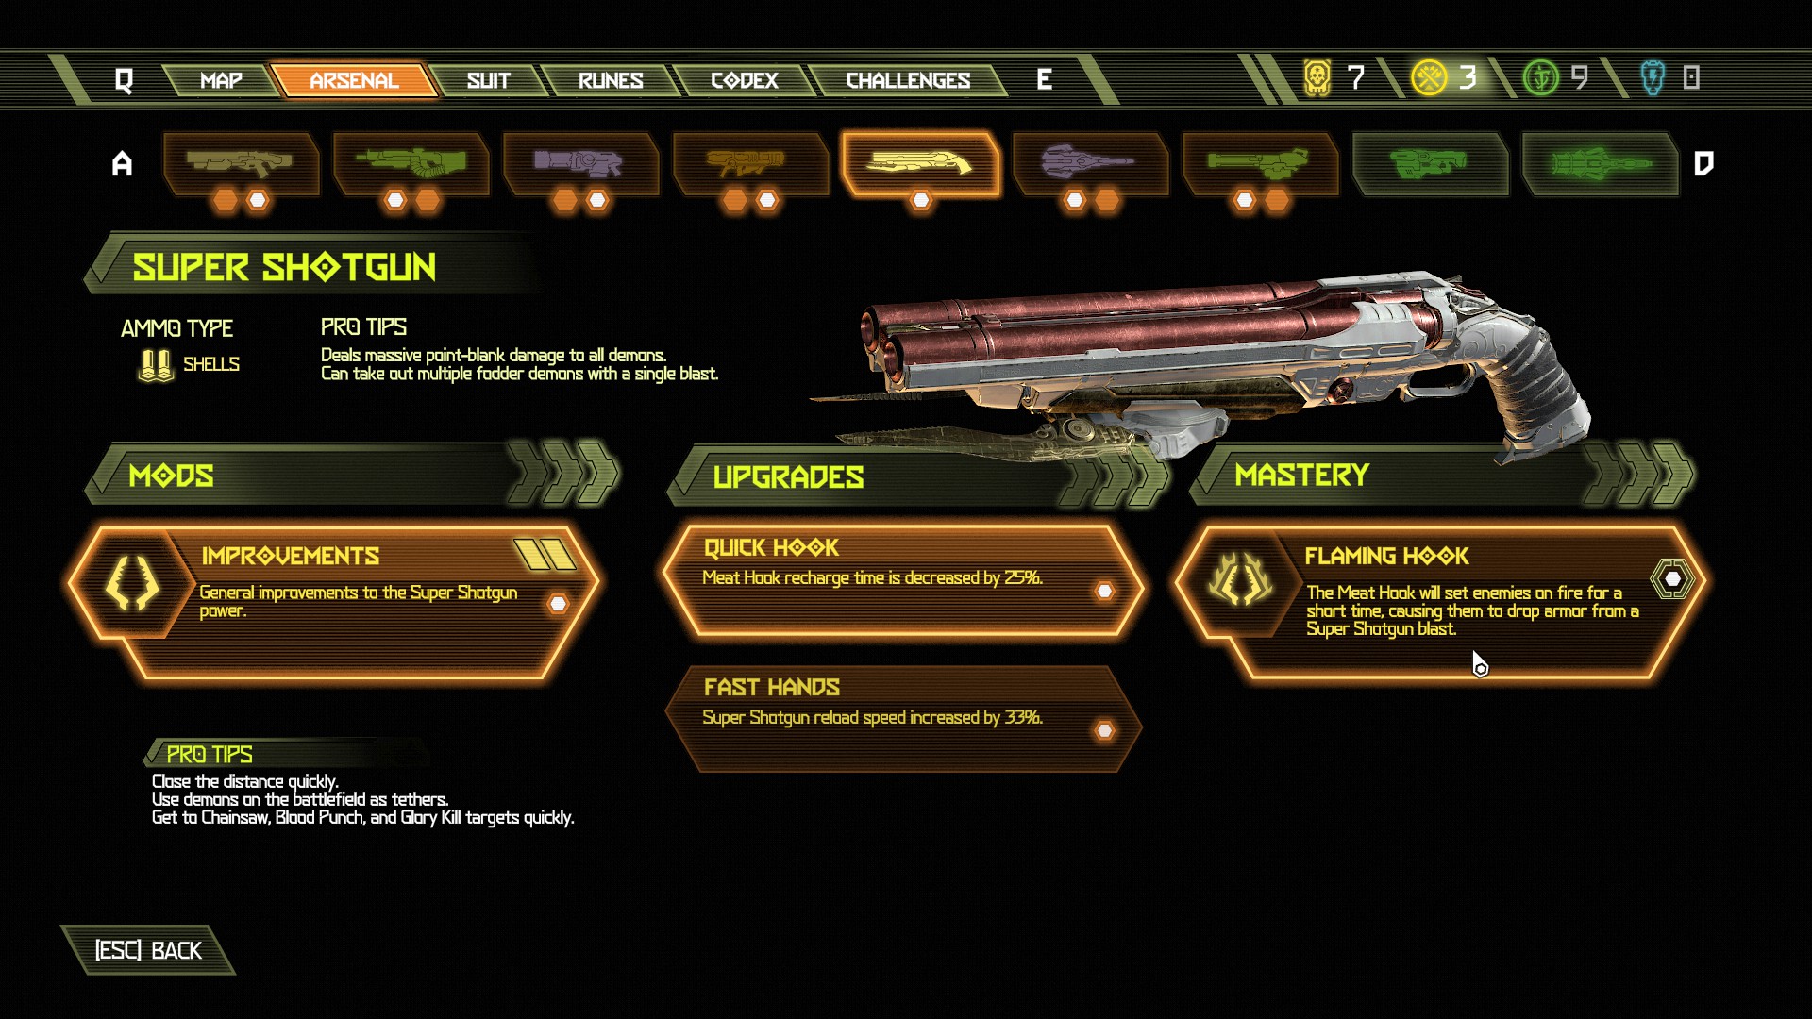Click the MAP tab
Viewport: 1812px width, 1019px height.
pos(221,80)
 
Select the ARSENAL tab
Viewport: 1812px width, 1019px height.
pos(354,80)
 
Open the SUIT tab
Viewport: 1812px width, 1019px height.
pos(488,80)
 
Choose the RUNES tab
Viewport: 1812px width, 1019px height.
pos(611,80)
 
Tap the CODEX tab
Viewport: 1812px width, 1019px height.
pos(745,80)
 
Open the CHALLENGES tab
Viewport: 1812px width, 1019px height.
pos(908,80)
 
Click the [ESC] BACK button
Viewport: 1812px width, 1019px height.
pos(148,950)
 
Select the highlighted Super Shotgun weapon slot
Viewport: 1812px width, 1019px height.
pos(920,164)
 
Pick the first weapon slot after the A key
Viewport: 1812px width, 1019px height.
pos(241,164)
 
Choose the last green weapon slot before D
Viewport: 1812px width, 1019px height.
pos(1600,164)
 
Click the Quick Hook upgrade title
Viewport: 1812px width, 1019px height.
pos(771,547)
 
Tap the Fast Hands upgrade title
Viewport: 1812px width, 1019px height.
pos(772,687)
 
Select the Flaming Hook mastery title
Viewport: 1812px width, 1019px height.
pos(1386,556)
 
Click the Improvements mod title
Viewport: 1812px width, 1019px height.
pos(291,556)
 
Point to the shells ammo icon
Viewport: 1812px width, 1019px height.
pos(156,365)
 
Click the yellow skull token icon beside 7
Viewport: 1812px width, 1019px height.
pos(1317,77)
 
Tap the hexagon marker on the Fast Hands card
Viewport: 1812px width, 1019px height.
pos(1104,730)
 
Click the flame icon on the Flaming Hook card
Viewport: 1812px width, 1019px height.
pos(1240,578)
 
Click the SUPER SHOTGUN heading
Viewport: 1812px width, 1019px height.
pos(284,268)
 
